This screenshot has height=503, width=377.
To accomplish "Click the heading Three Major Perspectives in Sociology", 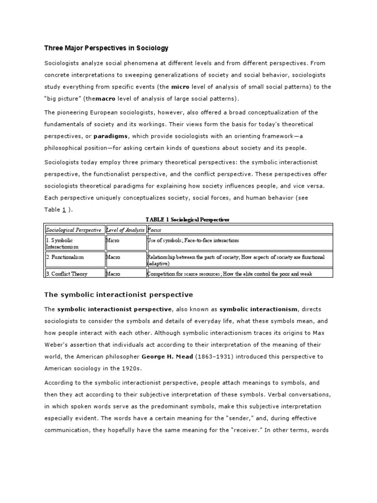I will coord(107,48).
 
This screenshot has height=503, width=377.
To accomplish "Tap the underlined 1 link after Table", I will coord(64,209).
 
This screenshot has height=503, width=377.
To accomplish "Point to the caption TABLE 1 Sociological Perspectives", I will coord(188,219).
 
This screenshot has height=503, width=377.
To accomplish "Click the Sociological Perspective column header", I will coord(74,229).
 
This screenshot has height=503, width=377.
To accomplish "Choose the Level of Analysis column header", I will coord(125,229).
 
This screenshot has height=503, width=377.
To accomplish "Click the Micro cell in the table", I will coord(112,241).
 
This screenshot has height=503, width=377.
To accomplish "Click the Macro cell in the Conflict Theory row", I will coord(112,274).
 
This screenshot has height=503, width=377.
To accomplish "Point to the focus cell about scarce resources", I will coord(230,274).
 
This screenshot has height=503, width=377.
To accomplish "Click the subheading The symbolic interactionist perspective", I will coord(119,295).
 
